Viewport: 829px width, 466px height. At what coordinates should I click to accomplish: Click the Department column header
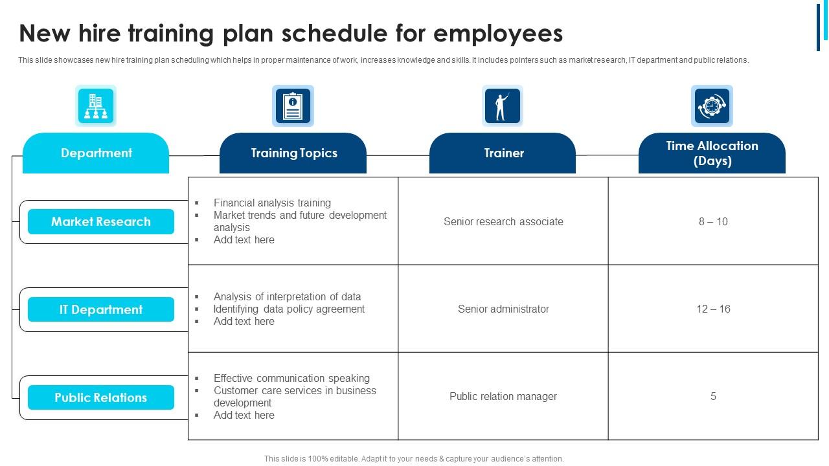click(96, 153)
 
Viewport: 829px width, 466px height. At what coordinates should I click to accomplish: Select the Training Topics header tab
click(293, 153)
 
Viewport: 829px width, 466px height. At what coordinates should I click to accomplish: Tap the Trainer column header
click(503, 153)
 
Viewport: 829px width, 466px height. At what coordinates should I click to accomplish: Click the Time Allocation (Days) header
click(712, 153)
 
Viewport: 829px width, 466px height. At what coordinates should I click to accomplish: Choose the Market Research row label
click(101, 222)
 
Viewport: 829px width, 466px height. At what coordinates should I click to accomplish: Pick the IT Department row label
click(101, 309)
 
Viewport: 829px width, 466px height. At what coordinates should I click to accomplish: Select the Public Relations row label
click(101, 397)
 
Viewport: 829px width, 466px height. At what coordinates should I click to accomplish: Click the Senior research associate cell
click(503, 221)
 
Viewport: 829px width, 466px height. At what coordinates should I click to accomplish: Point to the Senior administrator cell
click(503, 309)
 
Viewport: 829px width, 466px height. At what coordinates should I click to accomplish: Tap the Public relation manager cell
click(503, 396)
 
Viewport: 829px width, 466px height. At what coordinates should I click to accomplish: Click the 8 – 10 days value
click(713, 221)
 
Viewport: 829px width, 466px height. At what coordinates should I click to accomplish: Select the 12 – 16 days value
click(713, 309)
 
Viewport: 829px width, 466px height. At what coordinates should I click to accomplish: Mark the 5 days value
click(713, 396)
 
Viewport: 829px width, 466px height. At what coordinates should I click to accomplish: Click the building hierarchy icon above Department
click(96, 105)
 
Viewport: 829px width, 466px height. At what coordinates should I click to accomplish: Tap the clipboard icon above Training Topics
click(293, 105)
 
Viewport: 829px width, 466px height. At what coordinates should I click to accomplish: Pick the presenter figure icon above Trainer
click(502, 105)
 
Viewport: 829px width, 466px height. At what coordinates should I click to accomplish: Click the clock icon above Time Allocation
click(712, 105)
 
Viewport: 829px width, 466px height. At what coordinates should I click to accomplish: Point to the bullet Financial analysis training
click(272, 203)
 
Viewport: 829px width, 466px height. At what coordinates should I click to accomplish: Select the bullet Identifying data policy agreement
click(289, 309)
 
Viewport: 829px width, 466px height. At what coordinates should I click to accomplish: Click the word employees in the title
click(498, 33)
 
